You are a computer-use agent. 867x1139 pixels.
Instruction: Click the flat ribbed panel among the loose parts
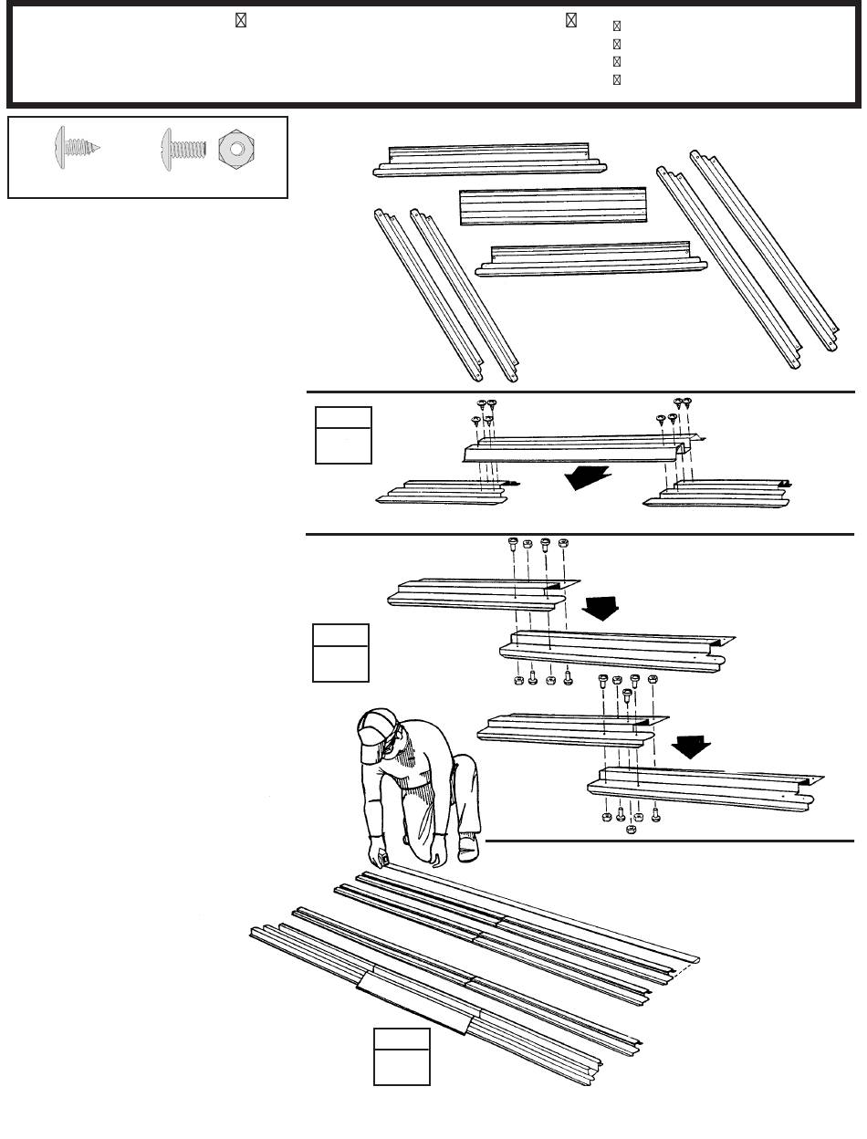552,205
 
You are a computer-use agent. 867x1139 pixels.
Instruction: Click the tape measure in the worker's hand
384,859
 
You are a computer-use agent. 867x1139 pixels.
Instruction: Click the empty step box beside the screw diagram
343,435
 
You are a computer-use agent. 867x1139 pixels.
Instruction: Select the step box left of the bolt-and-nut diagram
340,653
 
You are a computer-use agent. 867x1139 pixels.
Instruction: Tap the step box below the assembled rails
402,1056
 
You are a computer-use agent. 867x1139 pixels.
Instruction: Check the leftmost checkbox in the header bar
241,21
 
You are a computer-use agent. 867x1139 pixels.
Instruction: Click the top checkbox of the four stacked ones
616,27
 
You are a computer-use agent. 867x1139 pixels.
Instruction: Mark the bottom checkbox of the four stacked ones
616,79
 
